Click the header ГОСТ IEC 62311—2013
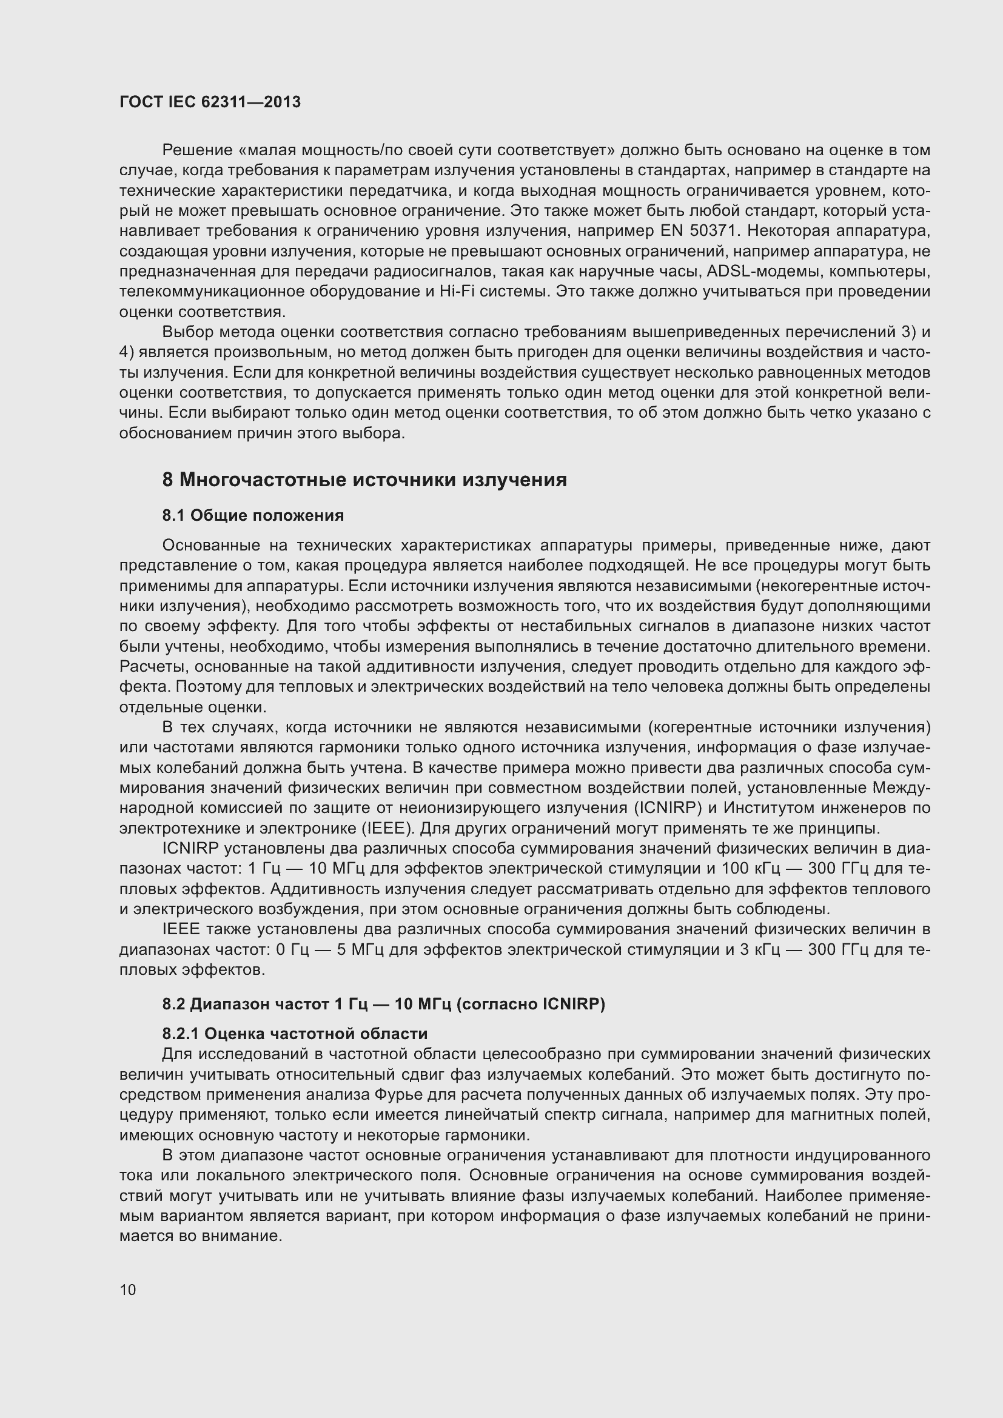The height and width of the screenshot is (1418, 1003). point(210,102)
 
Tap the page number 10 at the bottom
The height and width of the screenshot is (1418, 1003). point(128,1289)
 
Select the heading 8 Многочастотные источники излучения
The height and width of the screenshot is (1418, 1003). point(364,480)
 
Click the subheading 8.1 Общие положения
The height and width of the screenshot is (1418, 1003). point(253,515)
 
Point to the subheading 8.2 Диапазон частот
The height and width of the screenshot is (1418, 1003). point(383,1005)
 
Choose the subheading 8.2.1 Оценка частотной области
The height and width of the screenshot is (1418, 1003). point(295,1034)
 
